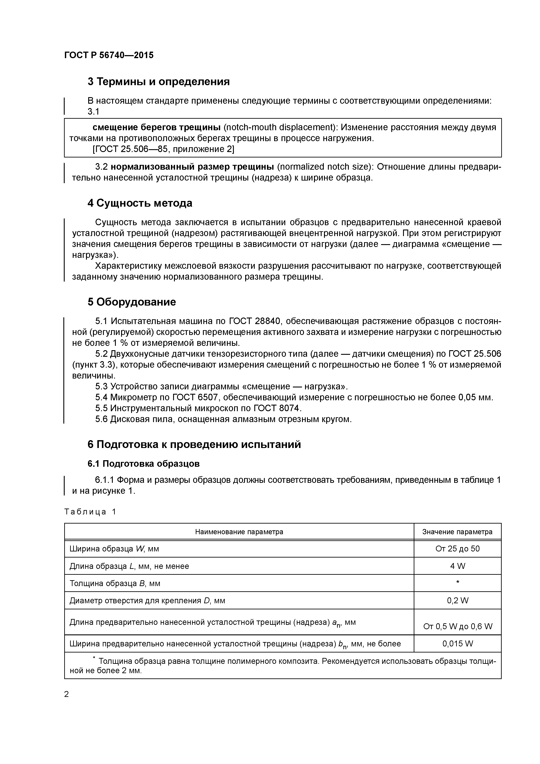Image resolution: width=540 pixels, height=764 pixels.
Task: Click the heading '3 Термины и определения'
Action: [x=158, y=81]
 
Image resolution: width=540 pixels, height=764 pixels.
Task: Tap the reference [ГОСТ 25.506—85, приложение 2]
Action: [x=163, y=149]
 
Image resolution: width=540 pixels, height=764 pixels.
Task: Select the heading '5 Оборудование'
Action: [x=132, y=302]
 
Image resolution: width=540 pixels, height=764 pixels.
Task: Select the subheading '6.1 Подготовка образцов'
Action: [x=143, y=463]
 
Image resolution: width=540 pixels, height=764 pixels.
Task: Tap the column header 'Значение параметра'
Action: [x=457, y=532]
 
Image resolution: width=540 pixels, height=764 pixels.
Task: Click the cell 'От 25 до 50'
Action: [x=457, y=549]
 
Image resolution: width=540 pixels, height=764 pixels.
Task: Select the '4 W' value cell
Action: [x=457, y=566]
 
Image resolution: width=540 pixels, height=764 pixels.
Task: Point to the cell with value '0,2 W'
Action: [x=457, y=601]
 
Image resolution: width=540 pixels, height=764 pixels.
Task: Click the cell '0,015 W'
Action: [x=457, y=644]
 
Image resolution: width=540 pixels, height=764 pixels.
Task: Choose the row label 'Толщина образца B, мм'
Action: [x=115, y=583]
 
